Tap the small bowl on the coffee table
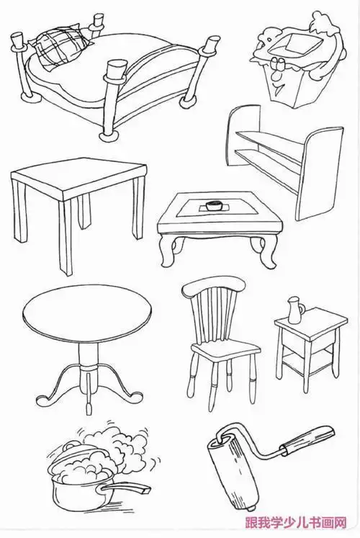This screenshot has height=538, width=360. (x=214, y=205)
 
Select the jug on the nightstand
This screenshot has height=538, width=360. (x=294, y=310)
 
